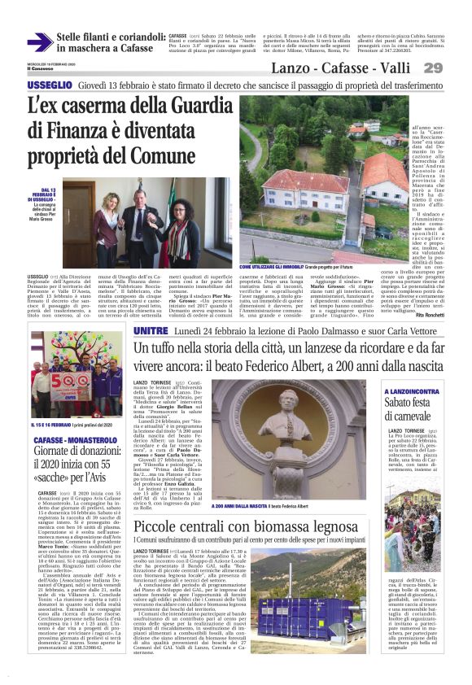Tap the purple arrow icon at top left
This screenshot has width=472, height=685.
[39, 42]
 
